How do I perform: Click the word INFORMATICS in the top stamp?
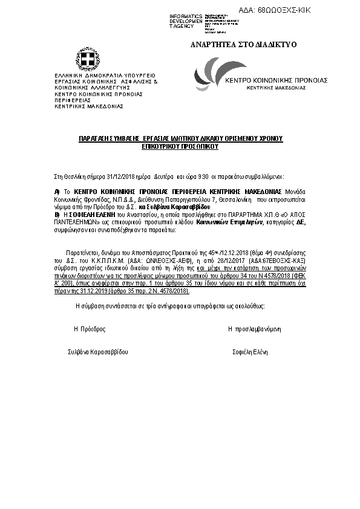click(186, 16)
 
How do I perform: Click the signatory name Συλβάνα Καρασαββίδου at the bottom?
click(98, 352)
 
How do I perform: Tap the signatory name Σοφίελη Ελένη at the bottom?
click(250, 352)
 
